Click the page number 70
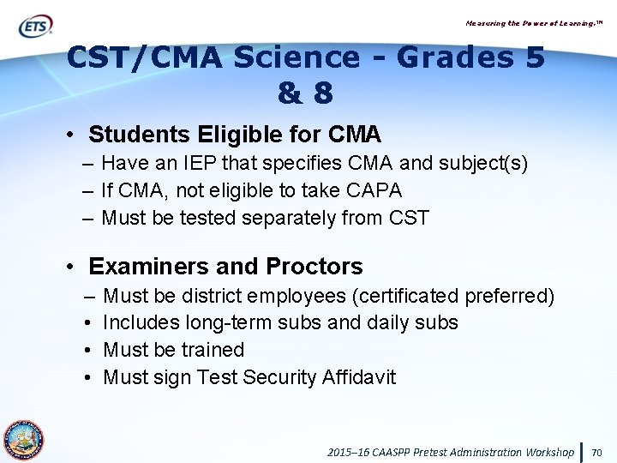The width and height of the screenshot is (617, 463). pos(597,452)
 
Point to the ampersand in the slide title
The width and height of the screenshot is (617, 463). pos(288,93)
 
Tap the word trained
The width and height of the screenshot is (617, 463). pos(213,350)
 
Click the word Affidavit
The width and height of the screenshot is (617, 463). pos(357,376)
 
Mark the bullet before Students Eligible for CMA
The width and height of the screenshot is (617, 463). pos(72,135)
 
